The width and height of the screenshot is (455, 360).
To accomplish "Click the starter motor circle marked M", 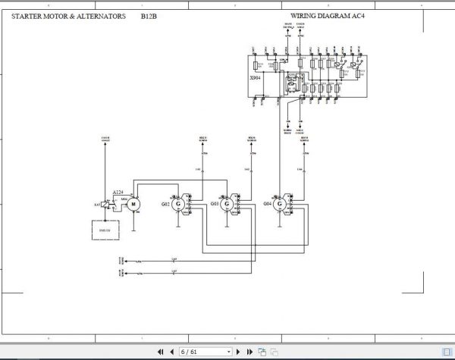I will tap(134, 203).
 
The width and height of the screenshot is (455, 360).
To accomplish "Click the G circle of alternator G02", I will tap(177, 204).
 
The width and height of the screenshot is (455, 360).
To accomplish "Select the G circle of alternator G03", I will tap(225, 204).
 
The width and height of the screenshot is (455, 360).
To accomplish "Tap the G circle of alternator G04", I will tap(280, 204).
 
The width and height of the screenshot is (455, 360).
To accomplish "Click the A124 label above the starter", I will tap(118, 192).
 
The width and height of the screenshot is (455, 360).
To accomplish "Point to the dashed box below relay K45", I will tap(104, 229).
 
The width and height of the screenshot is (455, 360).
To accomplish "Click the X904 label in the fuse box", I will tap(255, 78).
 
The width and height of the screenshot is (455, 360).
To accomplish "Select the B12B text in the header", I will tap(149, 15).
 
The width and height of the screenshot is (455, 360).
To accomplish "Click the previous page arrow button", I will tap(172, 352).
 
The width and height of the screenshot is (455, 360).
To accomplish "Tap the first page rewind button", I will tap(160, 352).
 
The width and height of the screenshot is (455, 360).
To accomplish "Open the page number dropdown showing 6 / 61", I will tap(206, 352).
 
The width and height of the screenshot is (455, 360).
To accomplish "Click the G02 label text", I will tap(165, 204).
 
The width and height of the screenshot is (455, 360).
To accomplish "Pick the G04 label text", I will tap(267, 204).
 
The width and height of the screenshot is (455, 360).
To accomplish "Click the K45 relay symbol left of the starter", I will tap(104, 205).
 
